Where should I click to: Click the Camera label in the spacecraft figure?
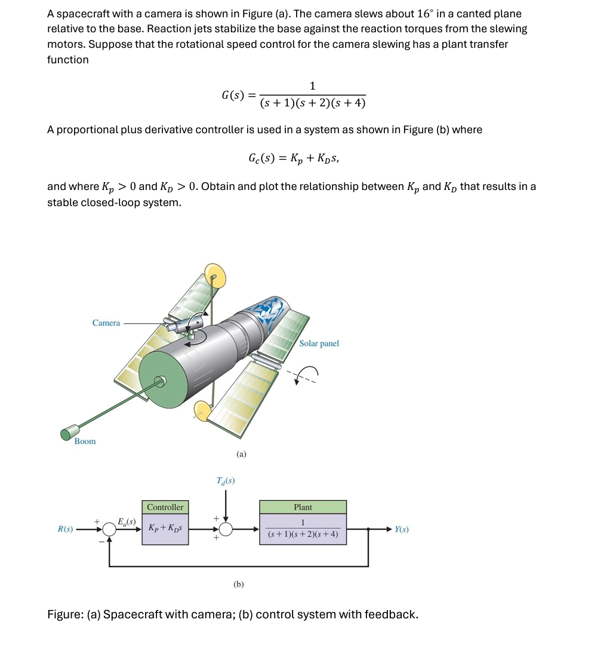pyautogui.click(x=106, y=323)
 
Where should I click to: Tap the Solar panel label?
pyautogui.click(x=319, y=344)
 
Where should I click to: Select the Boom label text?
pyautogui.click(x=85, y=442)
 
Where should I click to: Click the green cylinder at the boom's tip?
pyautogui.click(x=70, y=431)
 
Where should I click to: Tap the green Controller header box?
pyautogui.click(x=165, y=507)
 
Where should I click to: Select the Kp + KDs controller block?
pyautogui.click(x=165, y=529)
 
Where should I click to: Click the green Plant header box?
pyautogui.click(x=303, y=507)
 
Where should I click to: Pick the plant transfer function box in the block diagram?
pyautogui.click(x=303, y=529)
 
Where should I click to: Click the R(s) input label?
pyautogui.click(x=65, y=529)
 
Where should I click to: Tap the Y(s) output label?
pyautogui.click(x=401, y=529)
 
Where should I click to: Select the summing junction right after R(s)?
pyautogui.click(x=109, y=529)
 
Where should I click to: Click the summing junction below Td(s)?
pyautogui.click(x=226, y=529)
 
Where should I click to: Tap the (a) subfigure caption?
pyautogui.click(x=241, y=454)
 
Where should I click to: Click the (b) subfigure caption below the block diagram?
pyautogui.click(x=239, y=584)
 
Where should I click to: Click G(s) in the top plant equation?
pyautogui.click(x=231, y=95)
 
